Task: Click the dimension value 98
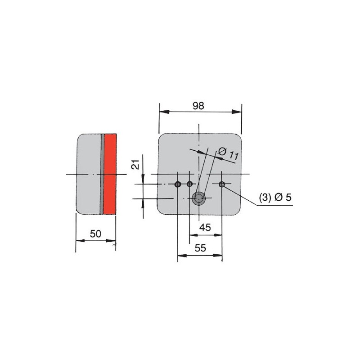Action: [x=198, y=106]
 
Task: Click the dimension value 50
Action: [x=95, y=234]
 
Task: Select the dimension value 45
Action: [x=205, y=228]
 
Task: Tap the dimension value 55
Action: [x=200, y=248]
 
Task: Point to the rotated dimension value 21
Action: [x=135, y=164]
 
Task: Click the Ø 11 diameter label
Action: [x=228, y=153]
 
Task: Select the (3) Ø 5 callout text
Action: [x=275, y=197]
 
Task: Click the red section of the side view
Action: [x=110, y=174]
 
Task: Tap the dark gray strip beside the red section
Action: [x=102, y=174]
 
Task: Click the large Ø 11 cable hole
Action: [x=198, y=198]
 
